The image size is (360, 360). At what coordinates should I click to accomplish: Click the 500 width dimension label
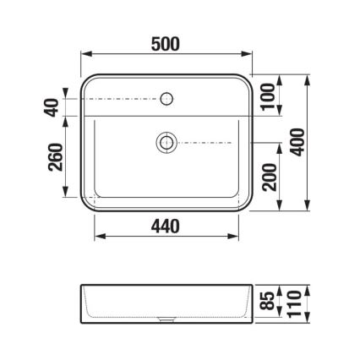click(x=166, y=44)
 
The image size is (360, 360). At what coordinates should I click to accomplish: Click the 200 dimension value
click(x=269, y=177)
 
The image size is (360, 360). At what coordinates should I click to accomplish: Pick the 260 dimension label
click(x=57, y=156)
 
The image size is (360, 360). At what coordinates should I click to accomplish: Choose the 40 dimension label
click(x=52, y=107)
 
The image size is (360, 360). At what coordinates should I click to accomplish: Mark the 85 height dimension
click(x=269, y=301)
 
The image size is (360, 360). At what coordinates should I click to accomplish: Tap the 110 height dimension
click(x=293, y=301)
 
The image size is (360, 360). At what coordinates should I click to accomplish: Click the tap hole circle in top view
click(x=166, y=99)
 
